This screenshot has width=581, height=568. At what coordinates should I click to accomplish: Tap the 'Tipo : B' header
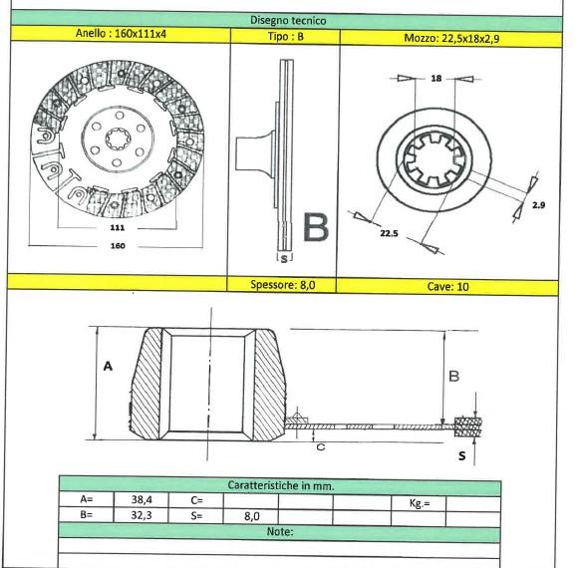click(284, 35)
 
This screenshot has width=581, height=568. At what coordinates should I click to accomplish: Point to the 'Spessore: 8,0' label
click(284, 284)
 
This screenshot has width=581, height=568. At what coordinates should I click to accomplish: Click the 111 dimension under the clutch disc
click(117, 228)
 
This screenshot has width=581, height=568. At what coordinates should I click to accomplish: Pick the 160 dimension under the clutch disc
click(117, 249)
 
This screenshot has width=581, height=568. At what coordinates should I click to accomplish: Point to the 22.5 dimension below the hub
click(388, 236)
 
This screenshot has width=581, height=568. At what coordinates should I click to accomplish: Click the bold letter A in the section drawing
click(108, 367)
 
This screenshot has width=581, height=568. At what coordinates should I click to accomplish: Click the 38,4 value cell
click(140, 500)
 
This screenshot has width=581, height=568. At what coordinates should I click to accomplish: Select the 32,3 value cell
click(140, 515)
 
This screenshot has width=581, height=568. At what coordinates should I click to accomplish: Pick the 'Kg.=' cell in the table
click(420, 504)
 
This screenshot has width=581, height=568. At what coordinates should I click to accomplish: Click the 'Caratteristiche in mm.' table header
click(280, 485)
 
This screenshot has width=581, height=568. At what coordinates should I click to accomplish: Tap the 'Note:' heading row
click(280, 531)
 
